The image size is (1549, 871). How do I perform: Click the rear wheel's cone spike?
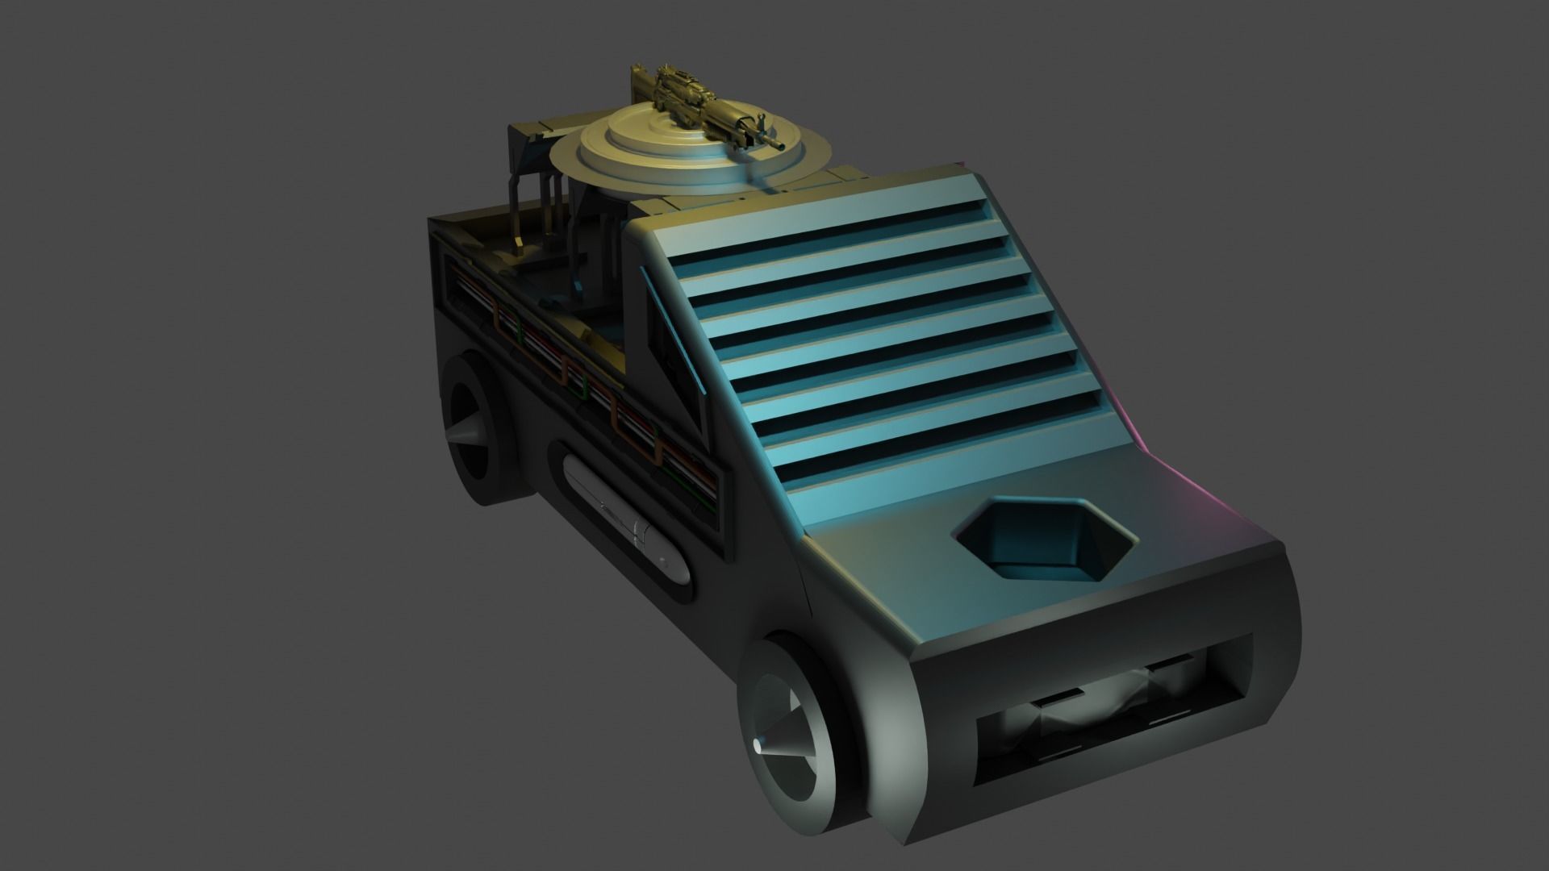pos(464,436)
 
